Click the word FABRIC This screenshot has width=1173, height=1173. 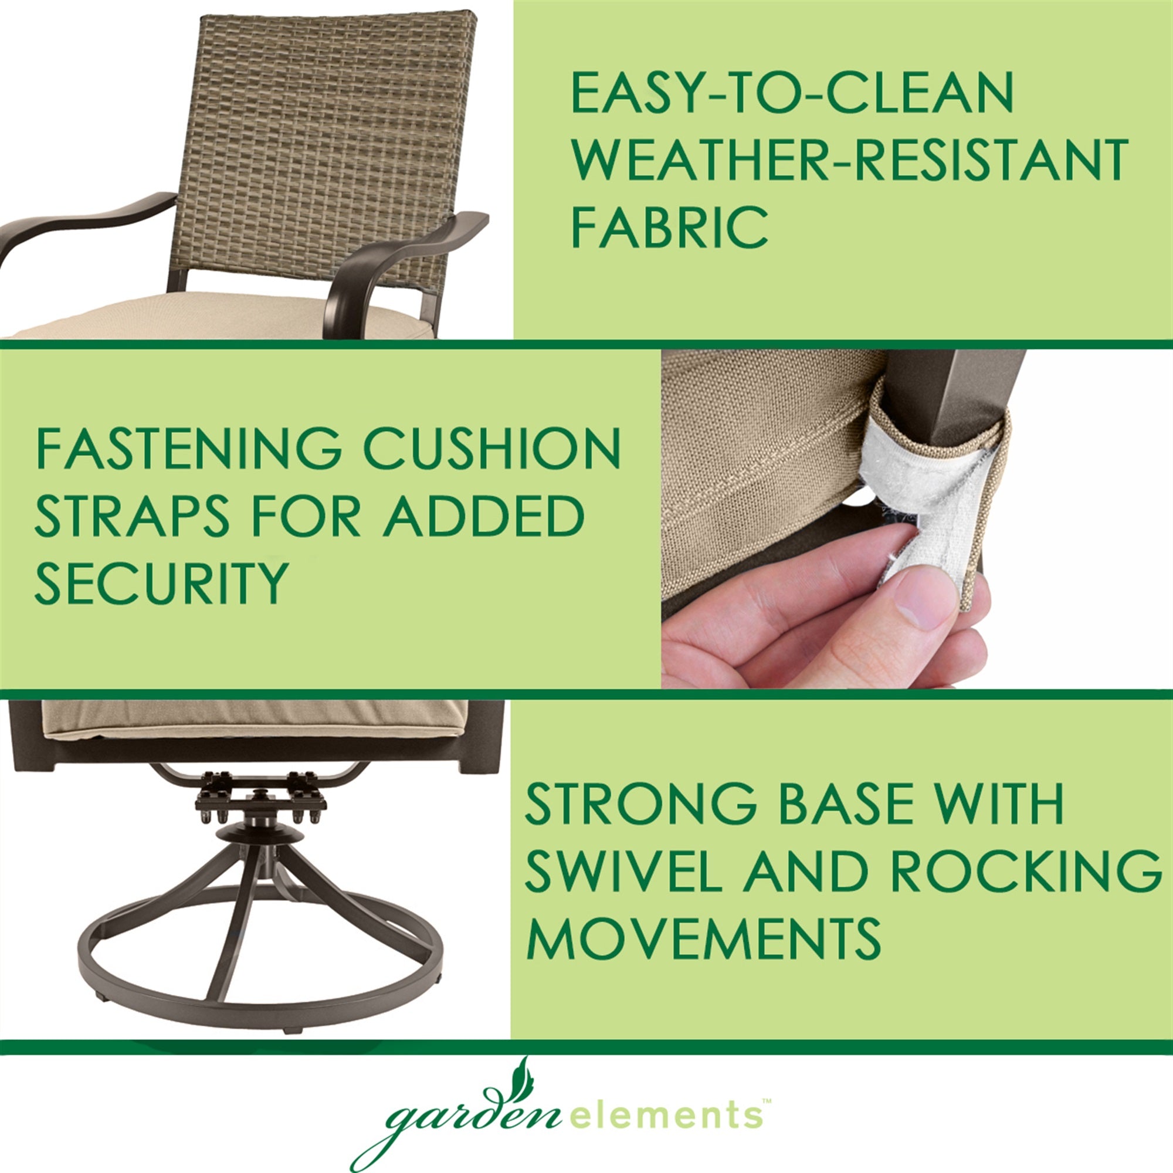[x=669, y=226]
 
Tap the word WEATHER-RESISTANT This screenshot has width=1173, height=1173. [x=849, y=158]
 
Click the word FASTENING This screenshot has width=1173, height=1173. [x=189, y=448]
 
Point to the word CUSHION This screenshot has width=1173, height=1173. [x=493, y=448]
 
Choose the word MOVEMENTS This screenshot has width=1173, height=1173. [x=703, y=937]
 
